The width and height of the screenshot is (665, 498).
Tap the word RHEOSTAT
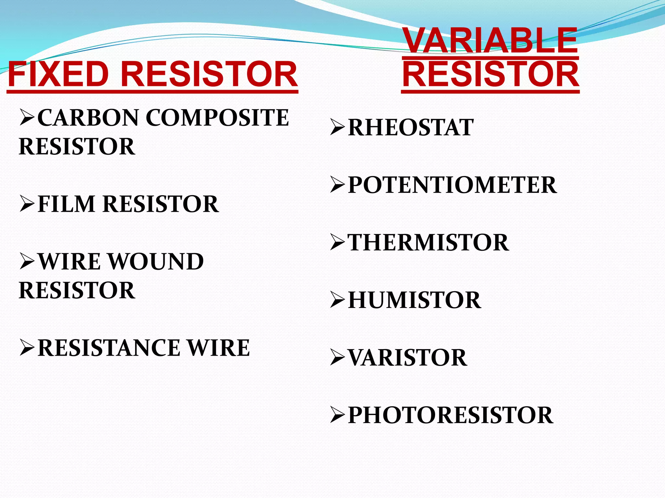tap(411, 127)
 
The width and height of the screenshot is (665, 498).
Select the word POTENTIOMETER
tap(452, 185)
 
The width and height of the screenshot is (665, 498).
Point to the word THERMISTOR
tap(428, 243)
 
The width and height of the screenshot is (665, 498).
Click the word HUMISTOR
tap(414, 300)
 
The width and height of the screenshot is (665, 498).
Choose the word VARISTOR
tap(408, 358)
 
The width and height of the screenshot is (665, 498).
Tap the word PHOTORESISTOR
tap(451, 415)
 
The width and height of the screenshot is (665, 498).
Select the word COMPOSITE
tap(217, 118)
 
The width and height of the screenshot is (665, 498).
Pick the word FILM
tap(67, 204)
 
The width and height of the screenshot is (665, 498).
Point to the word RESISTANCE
tap(109, 348)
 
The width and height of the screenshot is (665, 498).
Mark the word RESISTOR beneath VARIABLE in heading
tap(490, 74)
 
